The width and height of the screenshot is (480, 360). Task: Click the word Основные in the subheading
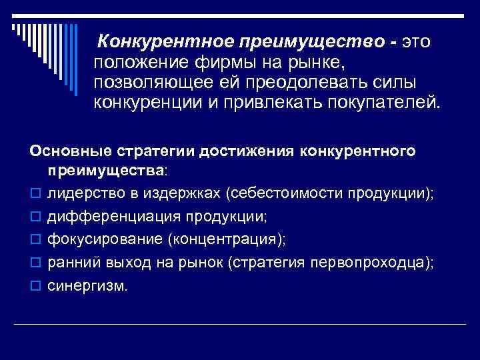[66, 151]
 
